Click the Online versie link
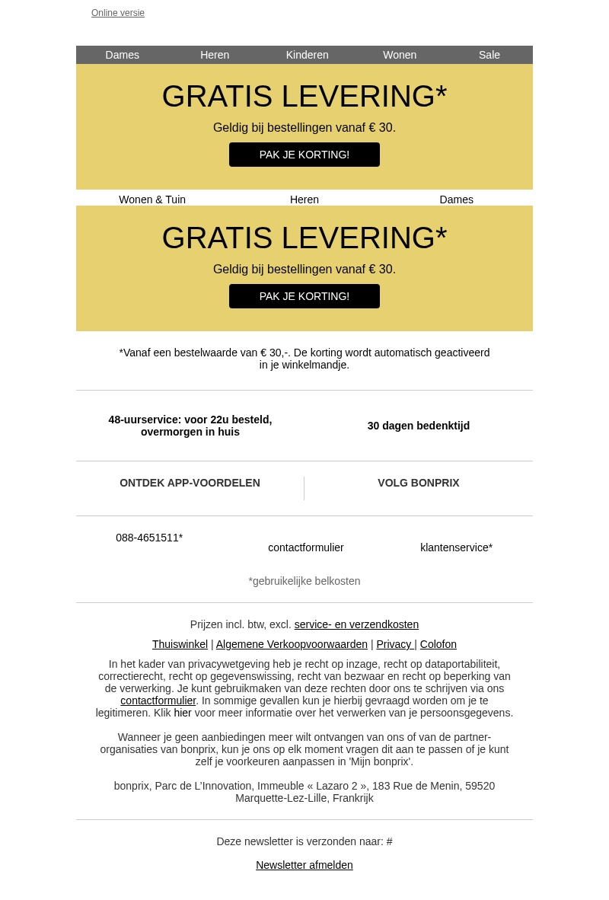[x=118, y=13]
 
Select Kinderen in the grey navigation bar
[x=307, y=55]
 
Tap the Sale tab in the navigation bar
[x=489, y=55]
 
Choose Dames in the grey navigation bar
[x=122, y=55]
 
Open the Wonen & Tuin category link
[x=152, y=199]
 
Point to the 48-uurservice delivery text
[x=190, y=426]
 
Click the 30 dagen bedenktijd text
[x=419, y=426]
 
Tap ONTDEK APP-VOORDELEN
[x=190, y=483]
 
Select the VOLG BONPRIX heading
[x=419, y=483]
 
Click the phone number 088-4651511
[x=149, y=538]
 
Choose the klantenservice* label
[x=456, y=547]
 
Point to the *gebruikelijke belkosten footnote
[x=304, y=581]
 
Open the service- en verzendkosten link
[x=356, y=624]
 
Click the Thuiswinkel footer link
[x=180, y=644]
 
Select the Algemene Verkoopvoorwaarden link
[x=292, y=644]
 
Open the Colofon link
[x=438, y=644]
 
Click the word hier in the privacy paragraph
[x=183, y=713]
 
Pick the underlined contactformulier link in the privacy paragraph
[x=158, y=701]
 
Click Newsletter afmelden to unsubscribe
[x=304, y=865]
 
